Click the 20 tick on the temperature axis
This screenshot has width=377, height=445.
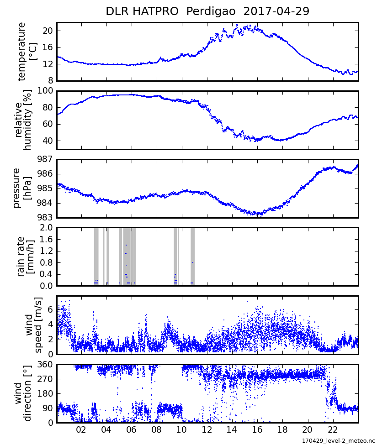[48, 31]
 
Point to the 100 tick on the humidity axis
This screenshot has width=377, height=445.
[46, 91]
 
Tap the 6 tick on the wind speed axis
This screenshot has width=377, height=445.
[50, 310]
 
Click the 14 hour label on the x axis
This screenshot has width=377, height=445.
[232, 430]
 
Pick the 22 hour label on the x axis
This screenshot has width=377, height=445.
[333, 430]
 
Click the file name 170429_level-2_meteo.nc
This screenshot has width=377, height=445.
[338, 440]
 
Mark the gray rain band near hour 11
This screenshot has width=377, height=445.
[192, 257]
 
